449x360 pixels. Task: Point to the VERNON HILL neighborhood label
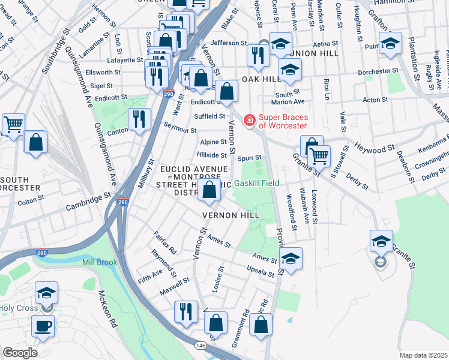pos(231,215)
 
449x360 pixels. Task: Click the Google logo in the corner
pos(20,353)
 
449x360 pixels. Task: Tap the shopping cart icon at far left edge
pos(13,124)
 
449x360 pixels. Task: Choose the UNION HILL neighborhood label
pos(314,54)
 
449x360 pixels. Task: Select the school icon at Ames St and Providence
pos(291,259)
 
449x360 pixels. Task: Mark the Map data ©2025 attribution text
pos(423,355)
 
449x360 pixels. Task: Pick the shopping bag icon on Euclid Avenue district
pos(209,191)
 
